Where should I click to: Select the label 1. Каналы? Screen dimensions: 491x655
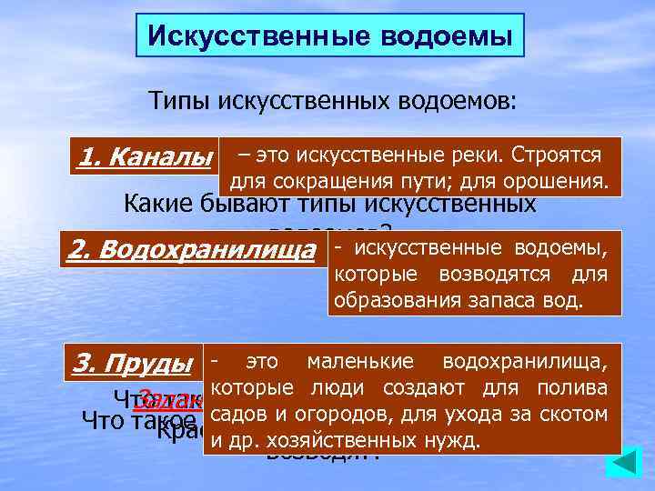coord(146,157)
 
